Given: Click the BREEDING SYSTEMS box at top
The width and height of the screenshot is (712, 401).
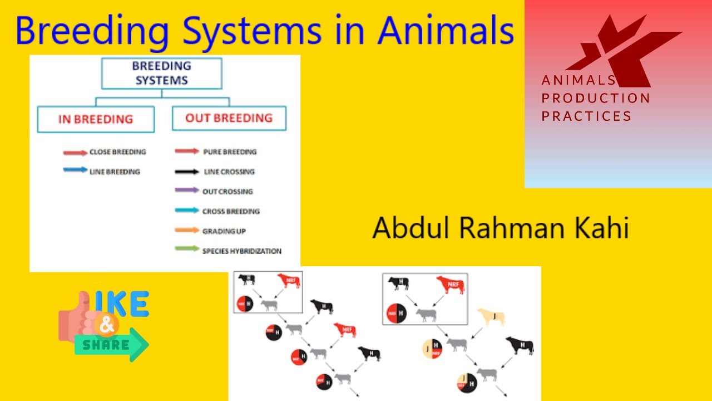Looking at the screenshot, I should [161, 73].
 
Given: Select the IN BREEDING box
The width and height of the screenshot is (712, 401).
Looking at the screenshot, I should [96, 119].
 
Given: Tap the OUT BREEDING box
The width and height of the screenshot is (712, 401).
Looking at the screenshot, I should [229, 118].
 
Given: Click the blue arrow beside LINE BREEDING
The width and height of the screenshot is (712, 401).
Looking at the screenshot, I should [75, 172].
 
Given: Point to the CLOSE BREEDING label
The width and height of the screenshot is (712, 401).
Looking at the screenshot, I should [117, 151].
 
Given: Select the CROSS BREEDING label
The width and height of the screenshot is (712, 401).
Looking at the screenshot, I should [231, 211].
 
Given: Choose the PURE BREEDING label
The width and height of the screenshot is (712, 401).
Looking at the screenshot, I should [230, 151].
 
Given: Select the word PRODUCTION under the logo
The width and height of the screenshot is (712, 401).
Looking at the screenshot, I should [596, 99].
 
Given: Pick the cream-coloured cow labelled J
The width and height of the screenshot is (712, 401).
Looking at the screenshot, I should [491, 317].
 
